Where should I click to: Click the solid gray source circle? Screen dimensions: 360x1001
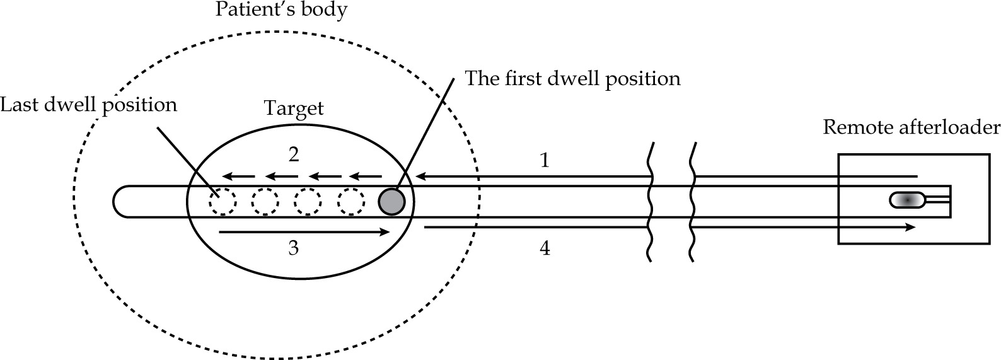pos(391,201)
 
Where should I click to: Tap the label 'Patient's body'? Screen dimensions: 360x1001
pos(281,11)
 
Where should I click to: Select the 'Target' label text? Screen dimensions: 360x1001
pos(294,108)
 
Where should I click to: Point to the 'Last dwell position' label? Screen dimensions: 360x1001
pos(88,104)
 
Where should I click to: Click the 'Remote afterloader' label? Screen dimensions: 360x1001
pos(911,128)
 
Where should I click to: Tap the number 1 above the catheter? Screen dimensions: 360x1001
pos(545,160)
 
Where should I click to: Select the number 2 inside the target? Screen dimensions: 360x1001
pos(293,154)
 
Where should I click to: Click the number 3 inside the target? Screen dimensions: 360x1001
pos(293,248)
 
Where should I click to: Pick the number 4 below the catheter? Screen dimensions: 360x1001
pos(545,248)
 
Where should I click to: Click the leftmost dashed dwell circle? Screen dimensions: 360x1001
pos(223,202)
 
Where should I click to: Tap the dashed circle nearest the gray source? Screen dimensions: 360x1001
pos(351,202)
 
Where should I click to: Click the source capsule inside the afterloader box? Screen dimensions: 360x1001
pos(907,200)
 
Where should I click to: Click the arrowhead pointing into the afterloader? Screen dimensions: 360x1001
pos(910,227)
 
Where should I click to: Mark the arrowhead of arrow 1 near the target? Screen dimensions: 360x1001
pos(420,176)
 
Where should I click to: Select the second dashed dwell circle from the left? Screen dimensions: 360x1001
pos(265,202)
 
